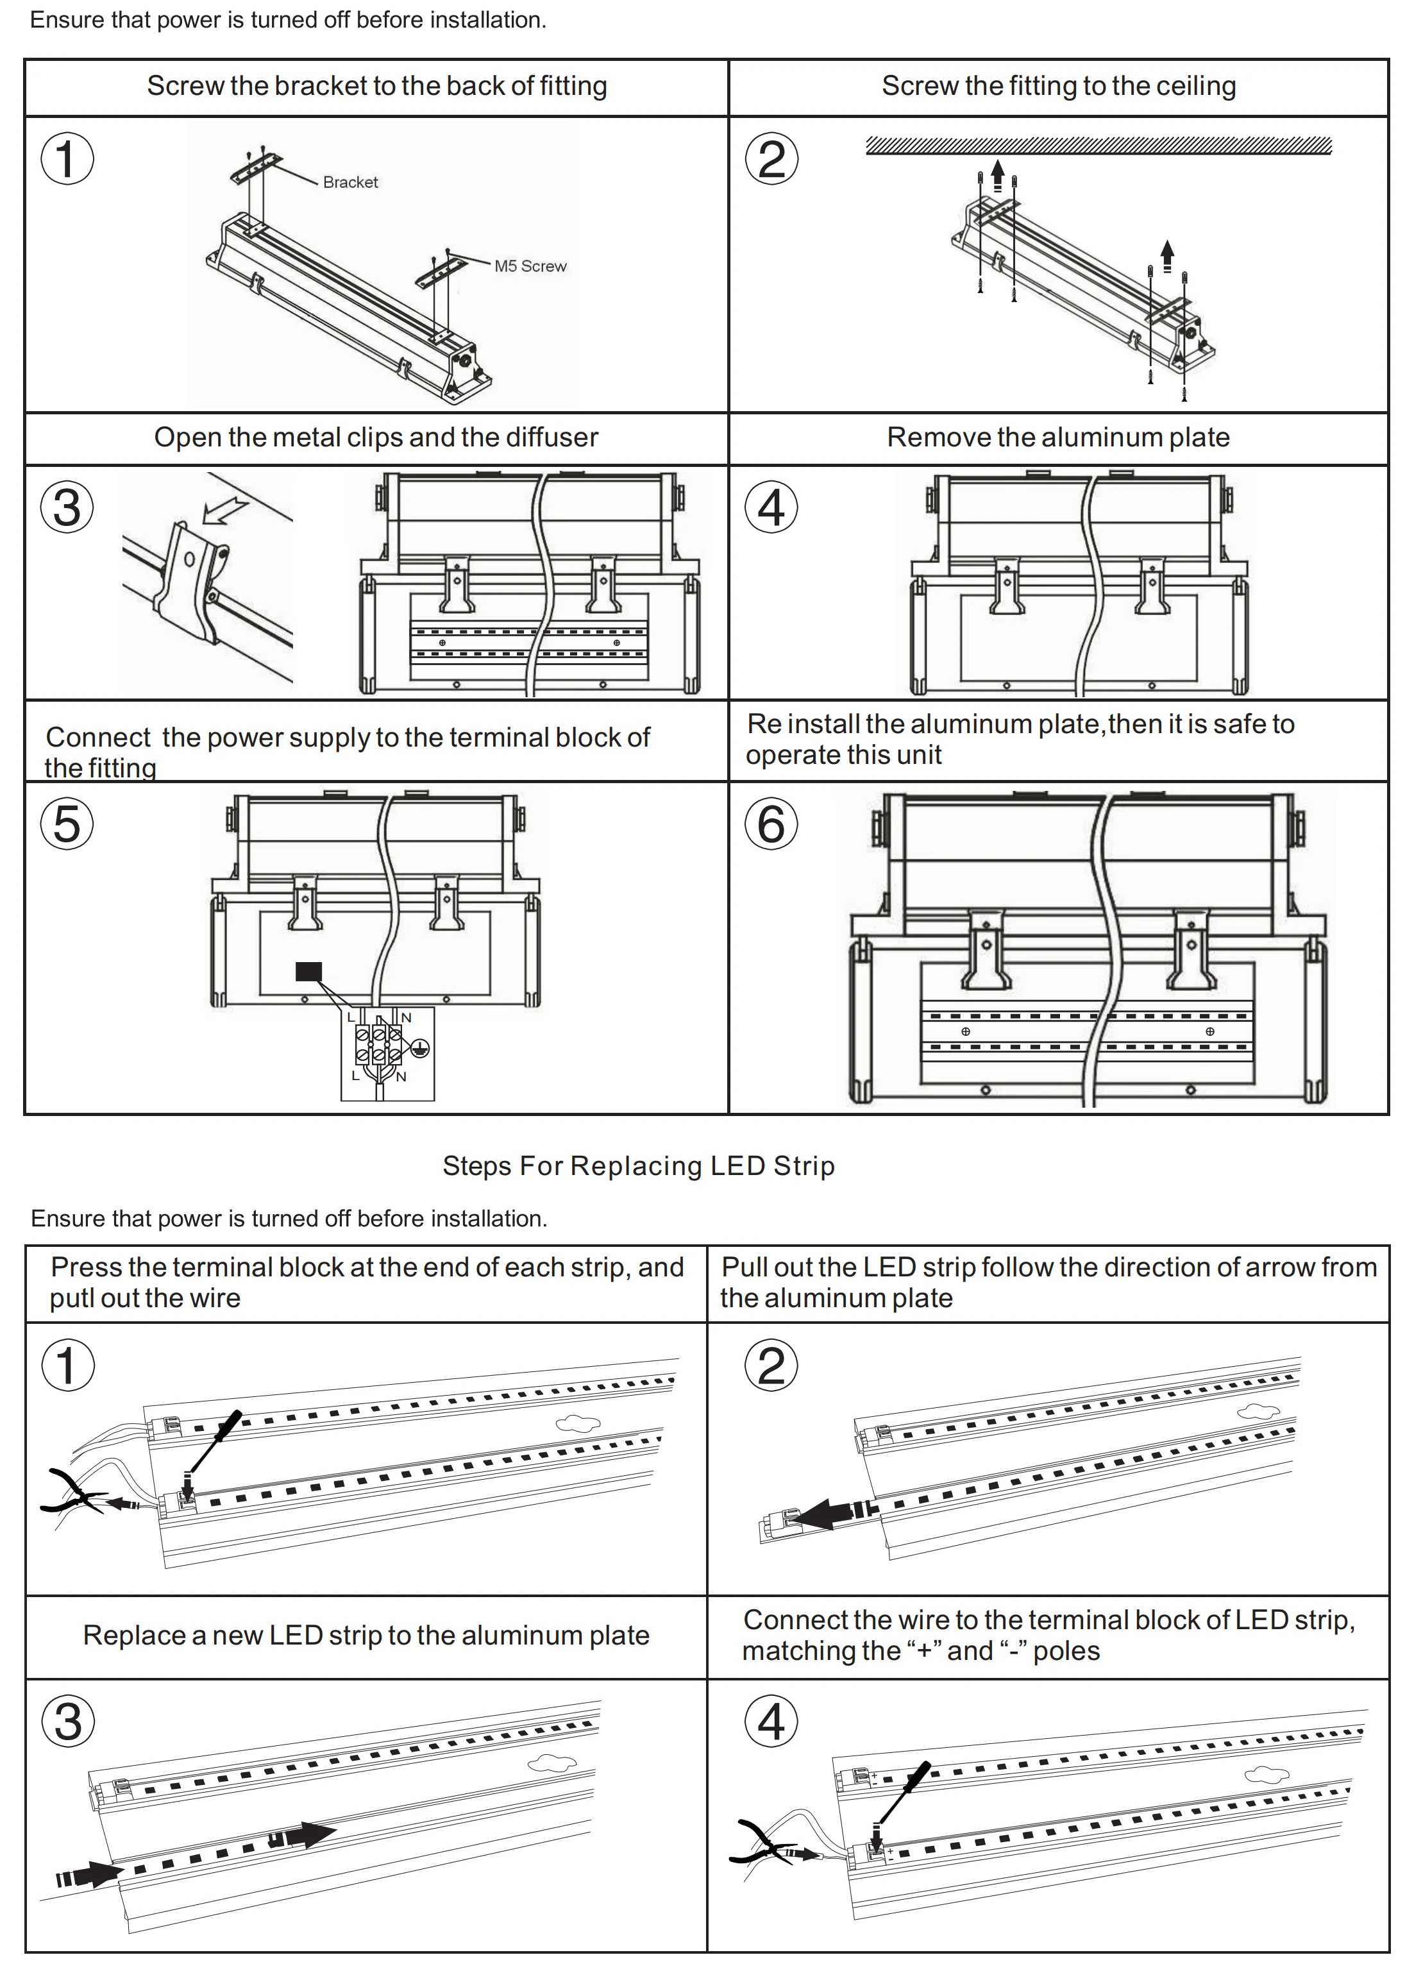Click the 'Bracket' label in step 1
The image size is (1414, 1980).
pyautogui.click(x=350, y=182)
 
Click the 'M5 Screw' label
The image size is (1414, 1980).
pyautogui.click(x=530, y=266)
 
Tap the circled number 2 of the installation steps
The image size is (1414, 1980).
pyautogui.click(x=771, y=159)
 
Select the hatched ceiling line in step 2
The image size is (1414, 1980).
pyautogui.click(x=1098, y=146)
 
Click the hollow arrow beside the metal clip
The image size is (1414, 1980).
pyautogui.click(x=224, y=511)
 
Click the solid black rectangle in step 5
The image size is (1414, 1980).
pyautogui.click(x=309, y=971)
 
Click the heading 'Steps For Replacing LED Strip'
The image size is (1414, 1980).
pyautogui.click(x=638, y=1165)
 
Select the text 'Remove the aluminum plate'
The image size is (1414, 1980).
pyautogui.click(x=1058, y=437)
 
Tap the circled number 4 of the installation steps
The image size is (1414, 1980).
pyautogui.click(x=771, y=507)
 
